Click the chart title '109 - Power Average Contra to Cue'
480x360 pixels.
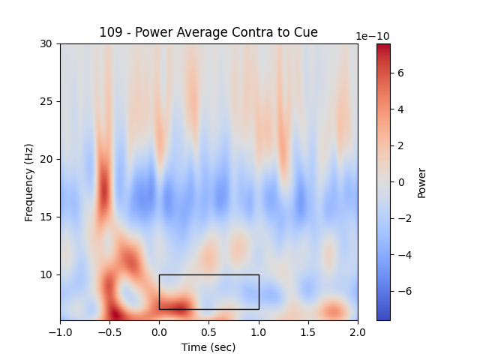208,32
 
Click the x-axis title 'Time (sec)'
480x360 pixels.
208,347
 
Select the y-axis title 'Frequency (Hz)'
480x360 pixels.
29,182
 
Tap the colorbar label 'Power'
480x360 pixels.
421,182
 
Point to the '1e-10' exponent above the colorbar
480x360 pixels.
372,36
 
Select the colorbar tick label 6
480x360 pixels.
401,73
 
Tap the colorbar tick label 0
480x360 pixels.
401,182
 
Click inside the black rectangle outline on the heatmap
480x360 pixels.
208,292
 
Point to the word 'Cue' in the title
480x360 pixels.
307,32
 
